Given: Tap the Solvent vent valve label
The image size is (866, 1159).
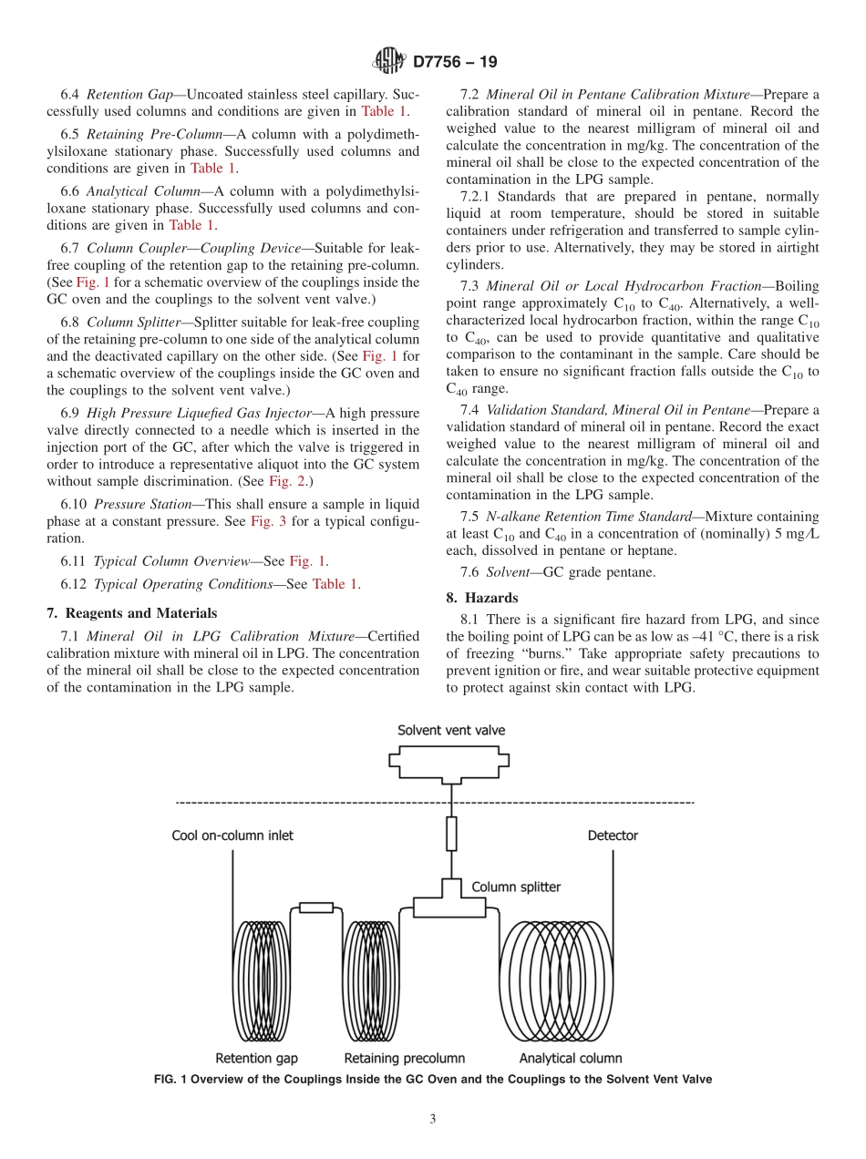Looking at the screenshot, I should pos(451,730).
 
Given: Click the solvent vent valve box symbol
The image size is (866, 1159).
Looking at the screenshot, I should pos(451,764).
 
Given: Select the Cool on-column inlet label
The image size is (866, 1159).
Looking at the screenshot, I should pos(232,836).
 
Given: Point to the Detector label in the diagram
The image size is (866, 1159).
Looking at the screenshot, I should pos(613,836).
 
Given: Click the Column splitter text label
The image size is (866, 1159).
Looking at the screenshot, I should pos(516,887).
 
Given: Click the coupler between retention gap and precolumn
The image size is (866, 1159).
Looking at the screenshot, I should pos(316,907).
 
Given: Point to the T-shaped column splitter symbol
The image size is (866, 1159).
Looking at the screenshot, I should pos(451,902).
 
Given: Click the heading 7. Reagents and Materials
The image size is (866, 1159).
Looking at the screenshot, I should pos(132,612).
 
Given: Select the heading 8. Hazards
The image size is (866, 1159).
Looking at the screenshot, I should pos(482,598).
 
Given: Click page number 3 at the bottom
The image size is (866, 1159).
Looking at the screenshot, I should pos(433,1120).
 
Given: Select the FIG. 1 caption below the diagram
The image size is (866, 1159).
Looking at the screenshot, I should pos(432,1079).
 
